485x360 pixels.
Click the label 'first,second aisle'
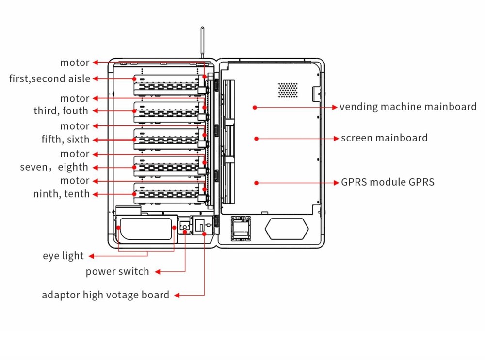coord(49,78)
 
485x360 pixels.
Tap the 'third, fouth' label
coord(61,111)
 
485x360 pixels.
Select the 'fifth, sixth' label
coord(65,140)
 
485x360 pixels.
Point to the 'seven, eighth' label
coord(54,167)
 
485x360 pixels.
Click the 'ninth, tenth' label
coord(62,194)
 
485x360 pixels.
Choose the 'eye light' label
coord(63,256)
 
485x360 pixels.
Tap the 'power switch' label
coord(117,271)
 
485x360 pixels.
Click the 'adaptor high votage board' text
coord(105,295)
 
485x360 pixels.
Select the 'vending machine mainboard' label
coord(408,107)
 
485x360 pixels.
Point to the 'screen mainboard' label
coord(384,138)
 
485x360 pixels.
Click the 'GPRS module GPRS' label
coord(388,183)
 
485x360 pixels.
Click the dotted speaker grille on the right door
coord(288,89)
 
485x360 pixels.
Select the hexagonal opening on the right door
coord(287,227)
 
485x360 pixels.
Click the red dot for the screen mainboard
coord(256,139)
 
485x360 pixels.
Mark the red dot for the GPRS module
coord(256,183)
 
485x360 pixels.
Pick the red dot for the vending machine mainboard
coord(255,107)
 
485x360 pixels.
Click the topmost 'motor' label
coord(75,63)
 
